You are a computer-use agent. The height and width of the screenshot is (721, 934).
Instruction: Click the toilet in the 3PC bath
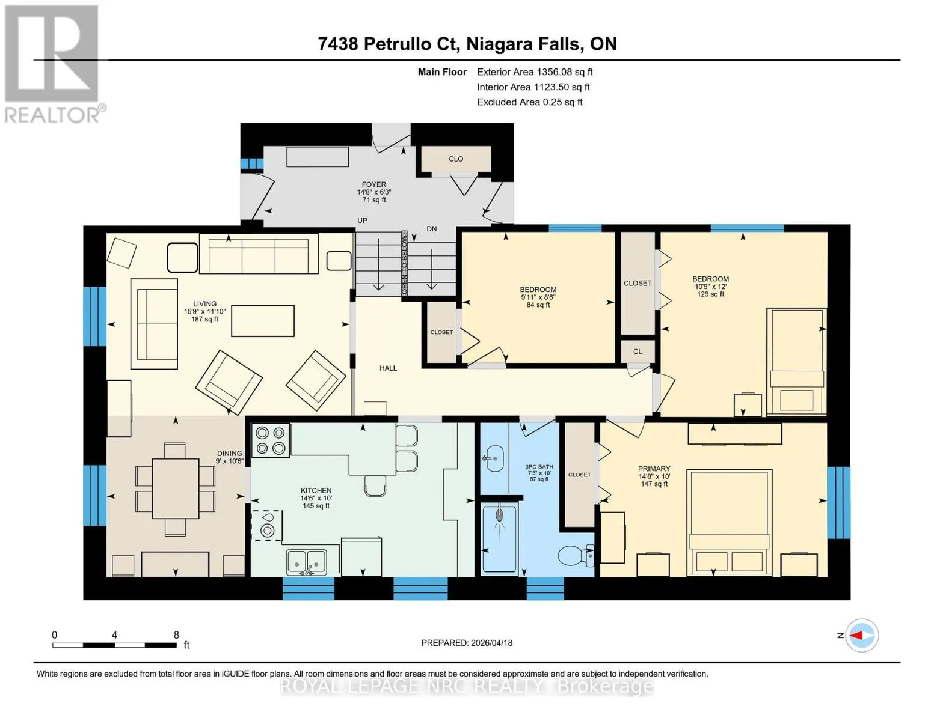576,556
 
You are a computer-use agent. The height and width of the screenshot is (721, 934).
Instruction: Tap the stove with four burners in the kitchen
271,440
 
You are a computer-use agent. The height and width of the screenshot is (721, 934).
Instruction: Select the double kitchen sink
307,562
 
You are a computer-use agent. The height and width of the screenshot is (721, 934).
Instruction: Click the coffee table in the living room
263,321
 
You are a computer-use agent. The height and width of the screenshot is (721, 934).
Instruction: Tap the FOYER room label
373,184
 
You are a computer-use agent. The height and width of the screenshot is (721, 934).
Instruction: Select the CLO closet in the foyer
456,159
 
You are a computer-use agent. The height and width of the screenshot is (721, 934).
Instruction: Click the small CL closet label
638,351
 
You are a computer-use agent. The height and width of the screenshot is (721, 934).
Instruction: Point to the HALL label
388,368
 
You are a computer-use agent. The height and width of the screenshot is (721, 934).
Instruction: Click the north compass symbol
862,635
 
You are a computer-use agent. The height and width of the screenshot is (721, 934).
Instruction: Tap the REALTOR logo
52,64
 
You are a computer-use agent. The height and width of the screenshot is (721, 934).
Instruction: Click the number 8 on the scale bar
176,634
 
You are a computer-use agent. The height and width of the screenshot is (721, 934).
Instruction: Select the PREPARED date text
467,643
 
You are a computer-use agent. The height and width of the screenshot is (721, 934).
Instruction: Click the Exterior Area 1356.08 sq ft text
535,72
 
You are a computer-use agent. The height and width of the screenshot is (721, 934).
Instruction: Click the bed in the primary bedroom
729,523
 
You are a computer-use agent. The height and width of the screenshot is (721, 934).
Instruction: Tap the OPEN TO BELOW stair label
404,263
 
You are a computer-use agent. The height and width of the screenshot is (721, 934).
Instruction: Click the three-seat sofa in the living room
259,254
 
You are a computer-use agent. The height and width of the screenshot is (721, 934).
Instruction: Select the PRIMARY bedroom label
654,469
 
